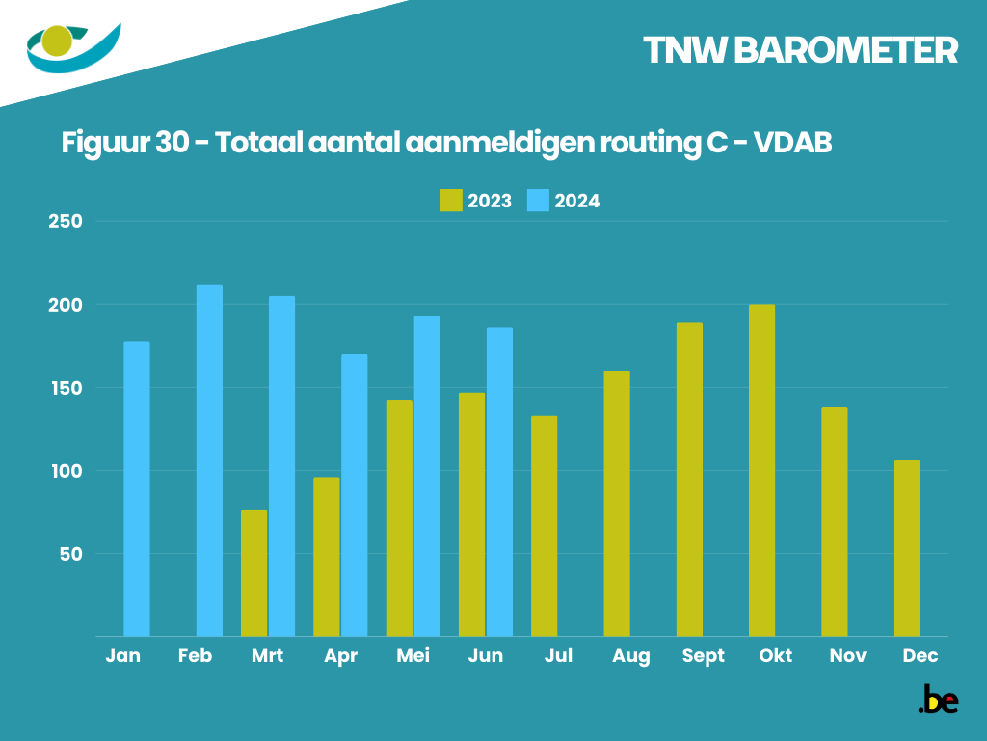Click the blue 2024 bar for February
pos(209,460)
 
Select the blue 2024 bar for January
pos(137,488)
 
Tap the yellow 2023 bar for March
pos(254,573)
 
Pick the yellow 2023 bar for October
pos(761,470)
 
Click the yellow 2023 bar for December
pos(907,548)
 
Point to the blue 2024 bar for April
pos(354,495)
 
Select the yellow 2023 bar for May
pos(399,518)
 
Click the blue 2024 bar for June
pos(499,481)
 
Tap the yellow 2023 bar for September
pos(689,480)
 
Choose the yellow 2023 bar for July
pos(544,526)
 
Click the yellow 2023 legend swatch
pos(451,201)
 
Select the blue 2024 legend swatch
pos(538,201)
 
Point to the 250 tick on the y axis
pos(66,222)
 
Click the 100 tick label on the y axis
pos(66,471)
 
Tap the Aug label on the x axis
pos(630,656)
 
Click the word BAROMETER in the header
pos(845,51)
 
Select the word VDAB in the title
pos(791,142)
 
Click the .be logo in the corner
pos(938,700)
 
